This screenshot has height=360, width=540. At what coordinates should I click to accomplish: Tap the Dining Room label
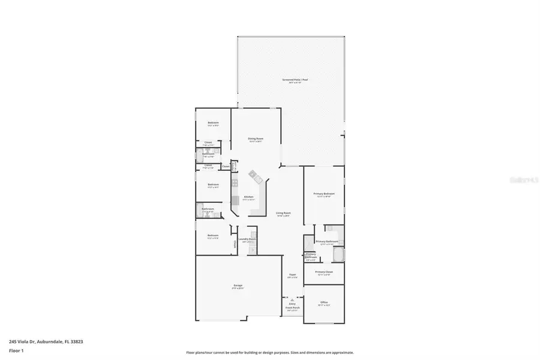(256, 139)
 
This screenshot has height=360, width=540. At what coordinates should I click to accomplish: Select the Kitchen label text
(248, 197)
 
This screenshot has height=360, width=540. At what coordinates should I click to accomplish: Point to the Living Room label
(283, 214)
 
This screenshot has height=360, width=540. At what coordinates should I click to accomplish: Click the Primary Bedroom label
(324, 194)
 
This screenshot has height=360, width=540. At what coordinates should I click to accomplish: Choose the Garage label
(238, 286)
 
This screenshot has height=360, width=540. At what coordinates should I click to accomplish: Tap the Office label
(324, 302)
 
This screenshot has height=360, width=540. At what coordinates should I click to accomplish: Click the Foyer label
(292, 275)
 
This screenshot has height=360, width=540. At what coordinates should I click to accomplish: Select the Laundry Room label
(247, 239)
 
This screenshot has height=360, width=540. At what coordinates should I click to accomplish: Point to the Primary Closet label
(324, 272)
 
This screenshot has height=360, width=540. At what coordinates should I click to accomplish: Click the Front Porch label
(292, 308)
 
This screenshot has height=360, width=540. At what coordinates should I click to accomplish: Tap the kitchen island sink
(255, 176)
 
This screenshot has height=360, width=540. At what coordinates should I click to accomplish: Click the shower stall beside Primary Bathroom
(308, 242)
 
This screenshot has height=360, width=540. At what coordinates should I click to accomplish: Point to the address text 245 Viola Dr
(46, 341)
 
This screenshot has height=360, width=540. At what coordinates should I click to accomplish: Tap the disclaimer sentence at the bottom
(269, 353)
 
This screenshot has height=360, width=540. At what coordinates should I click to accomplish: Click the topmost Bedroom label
(213, 123)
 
